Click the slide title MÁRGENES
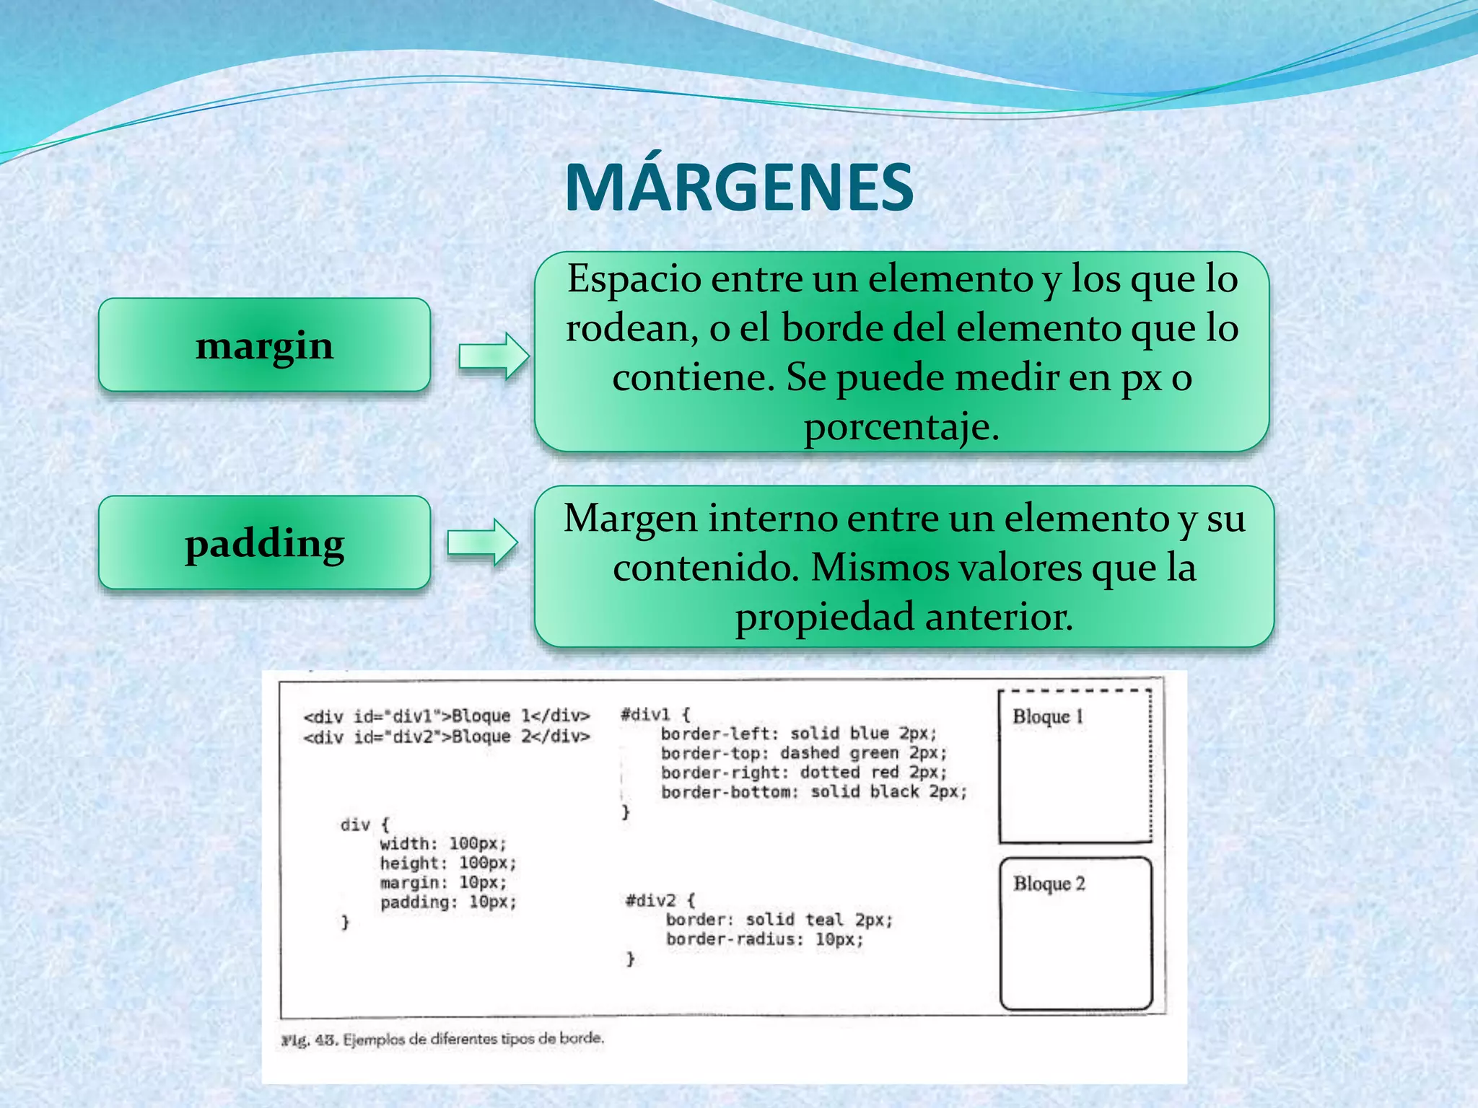(739, 188)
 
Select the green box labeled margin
(264, 345)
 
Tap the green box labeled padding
(264, 542)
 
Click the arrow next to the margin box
(494, 356)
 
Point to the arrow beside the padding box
(482, 542)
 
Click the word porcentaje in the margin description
(901, 427)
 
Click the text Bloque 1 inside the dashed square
(1048, 716)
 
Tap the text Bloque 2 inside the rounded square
(1049, 884)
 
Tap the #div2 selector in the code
(650, 900)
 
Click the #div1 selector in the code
(645, 715)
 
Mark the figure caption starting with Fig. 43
(442, 1039)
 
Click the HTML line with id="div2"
(447, 737)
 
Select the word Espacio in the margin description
(634, 279)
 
